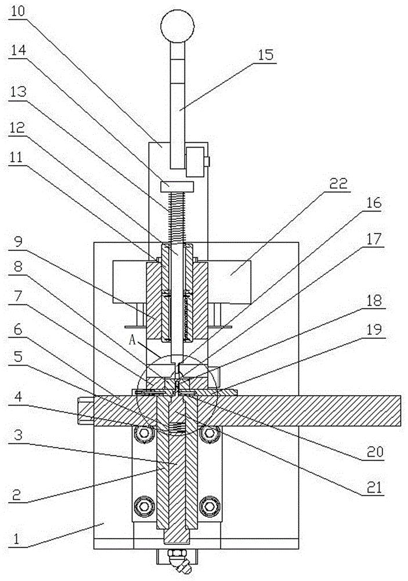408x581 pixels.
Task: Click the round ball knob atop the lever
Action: [175, 26]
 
